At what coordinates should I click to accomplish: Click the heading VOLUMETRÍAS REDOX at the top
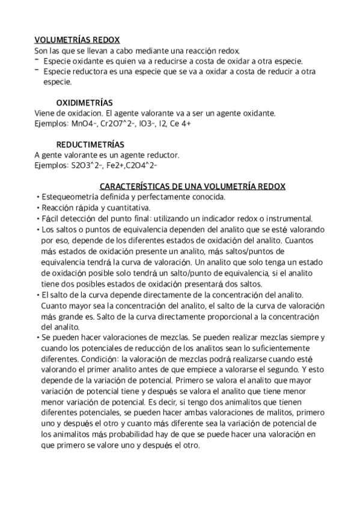[72, 39]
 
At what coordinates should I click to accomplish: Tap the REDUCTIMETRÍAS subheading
[90, 145]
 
